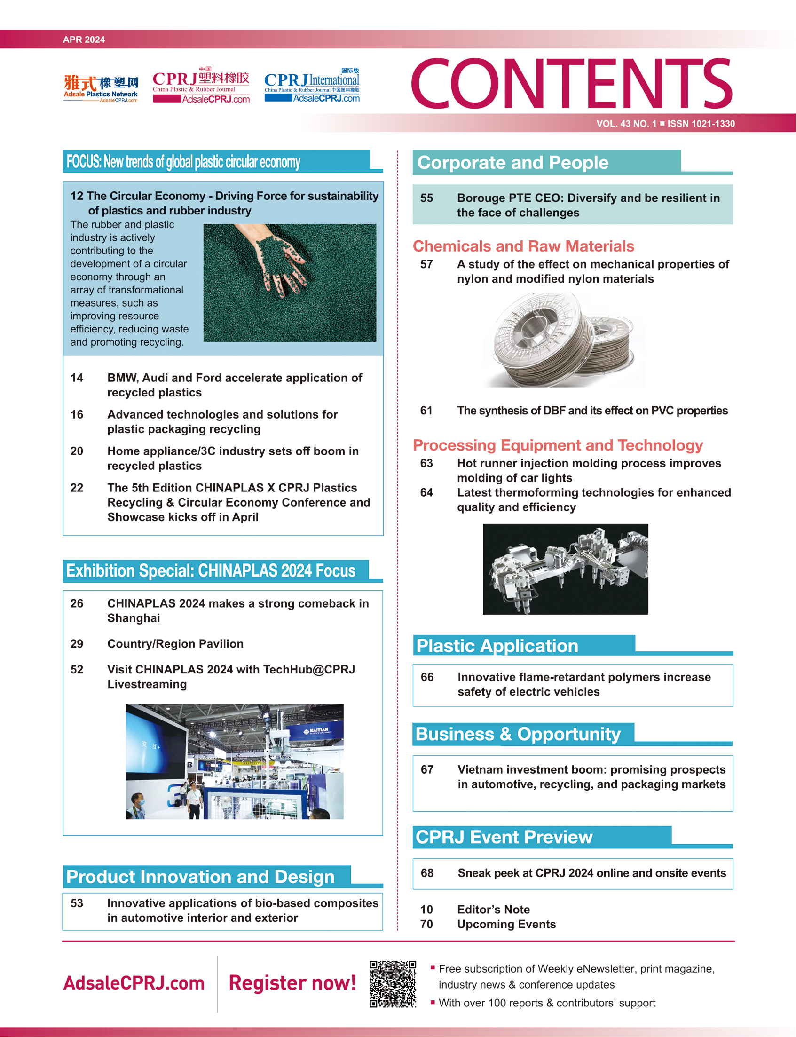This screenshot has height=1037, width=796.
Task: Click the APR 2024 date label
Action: (x=84, y=40)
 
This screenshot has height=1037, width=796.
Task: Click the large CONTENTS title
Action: (x=572, y=84)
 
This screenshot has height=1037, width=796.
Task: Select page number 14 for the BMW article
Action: (x=77, y=378)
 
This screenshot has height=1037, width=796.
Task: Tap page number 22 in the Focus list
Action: (x=77, y=488)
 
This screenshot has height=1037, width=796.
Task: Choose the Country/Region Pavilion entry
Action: (x=175, y=644)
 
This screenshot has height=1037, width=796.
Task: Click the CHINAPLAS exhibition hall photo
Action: (x=235, y=761)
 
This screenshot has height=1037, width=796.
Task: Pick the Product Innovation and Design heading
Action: (x=200, y=877)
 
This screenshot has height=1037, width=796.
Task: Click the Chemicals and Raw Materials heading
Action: (x=523, y=246)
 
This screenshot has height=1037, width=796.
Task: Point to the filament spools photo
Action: (x=564, y=340)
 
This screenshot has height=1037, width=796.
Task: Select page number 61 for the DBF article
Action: (x=426, y=411)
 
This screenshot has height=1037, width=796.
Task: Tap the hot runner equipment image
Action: (x=565, y=569)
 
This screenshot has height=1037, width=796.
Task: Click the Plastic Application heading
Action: (x=497, y=646)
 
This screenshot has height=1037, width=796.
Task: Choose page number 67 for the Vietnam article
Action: (x=427, y=769)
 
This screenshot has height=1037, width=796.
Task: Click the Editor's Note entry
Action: (x=493, y=910)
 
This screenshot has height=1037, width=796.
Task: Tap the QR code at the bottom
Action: (x=393, y=984)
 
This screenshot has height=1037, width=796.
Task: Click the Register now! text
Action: (x=292, y=983)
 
